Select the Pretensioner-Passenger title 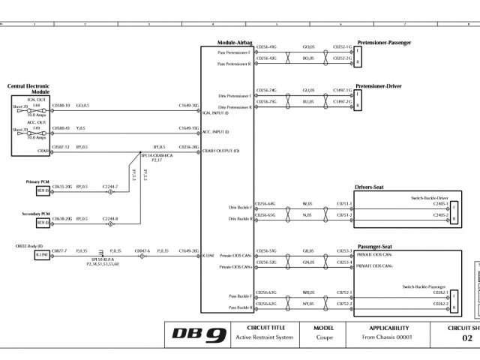384,43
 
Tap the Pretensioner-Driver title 379,86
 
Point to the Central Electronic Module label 28,88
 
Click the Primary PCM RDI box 43,190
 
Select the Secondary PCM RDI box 43,223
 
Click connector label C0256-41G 266,46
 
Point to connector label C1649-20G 188,250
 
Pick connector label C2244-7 110,186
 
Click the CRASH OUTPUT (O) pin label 221,151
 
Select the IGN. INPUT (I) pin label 216,113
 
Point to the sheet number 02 466,338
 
